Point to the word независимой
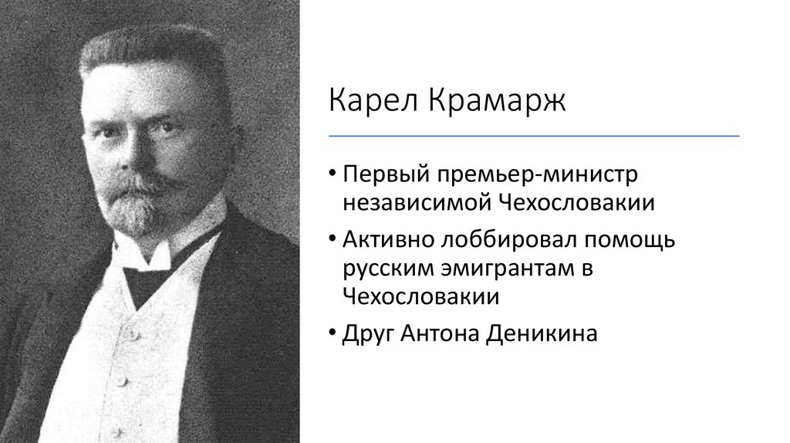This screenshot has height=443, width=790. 417,202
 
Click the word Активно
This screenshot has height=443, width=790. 390,240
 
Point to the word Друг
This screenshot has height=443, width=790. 369,334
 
